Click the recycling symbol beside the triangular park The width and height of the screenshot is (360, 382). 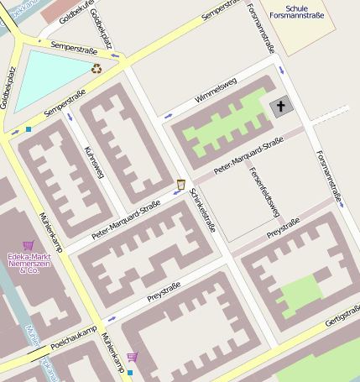coord(97,69)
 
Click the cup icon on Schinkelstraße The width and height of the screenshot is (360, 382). coord(180,184)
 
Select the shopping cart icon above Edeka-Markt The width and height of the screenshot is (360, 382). coord(28,245)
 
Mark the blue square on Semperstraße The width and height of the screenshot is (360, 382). coord(28,129)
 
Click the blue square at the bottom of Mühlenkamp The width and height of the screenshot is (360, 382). coord(130,372)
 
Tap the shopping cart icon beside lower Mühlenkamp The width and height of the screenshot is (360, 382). coord(132,357)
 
